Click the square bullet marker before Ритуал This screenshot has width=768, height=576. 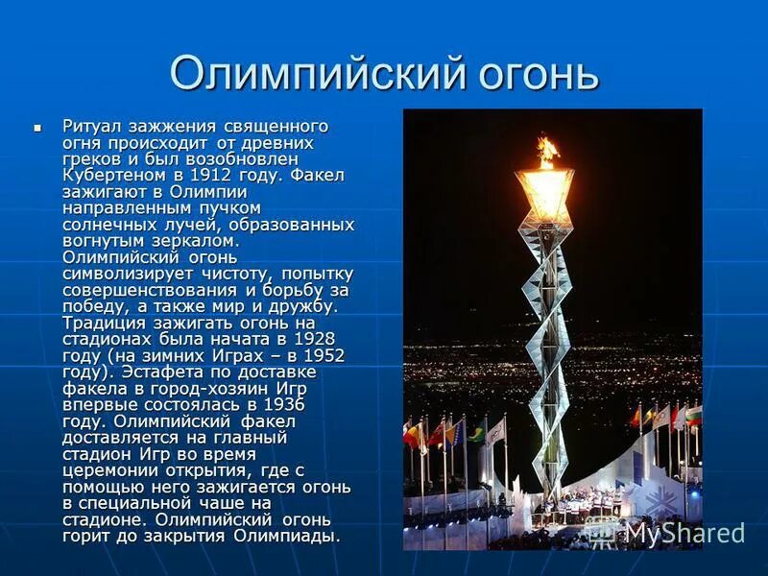coord(38,126)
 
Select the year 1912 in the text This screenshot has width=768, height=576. coord(209,175)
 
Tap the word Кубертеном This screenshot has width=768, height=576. coord(108,175)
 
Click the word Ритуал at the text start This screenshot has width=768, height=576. coord(92,126)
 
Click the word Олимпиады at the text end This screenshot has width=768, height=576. coord(294,536)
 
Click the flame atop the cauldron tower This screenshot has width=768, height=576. coord(547,151)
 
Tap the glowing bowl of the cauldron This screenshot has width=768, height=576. coord(544,193)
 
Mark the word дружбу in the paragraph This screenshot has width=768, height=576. coord(304,306)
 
